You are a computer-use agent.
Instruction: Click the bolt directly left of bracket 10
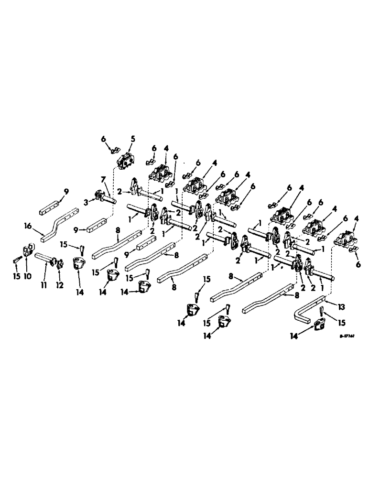pos(16,261)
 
